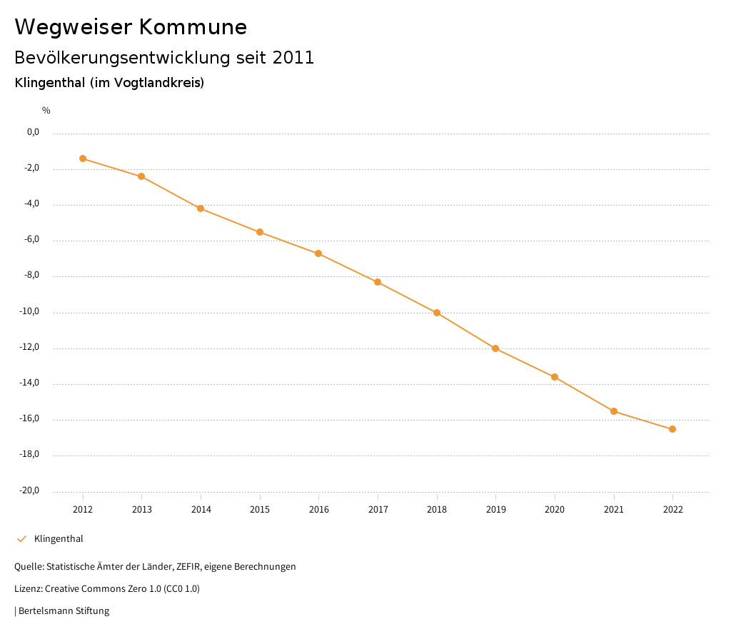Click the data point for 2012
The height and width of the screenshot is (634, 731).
83,158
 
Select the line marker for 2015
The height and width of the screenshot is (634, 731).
260,232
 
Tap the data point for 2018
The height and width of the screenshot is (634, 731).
437,313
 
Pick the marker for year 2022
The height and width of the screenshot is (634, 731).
672,429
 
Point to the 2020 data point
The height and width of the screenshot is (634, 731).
555,377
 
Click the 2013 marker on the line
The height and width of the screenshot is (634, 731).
141,176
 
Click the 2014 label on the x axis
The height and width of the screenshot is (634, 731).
201,510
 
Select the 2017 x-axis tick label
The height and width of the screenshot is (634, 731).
378,510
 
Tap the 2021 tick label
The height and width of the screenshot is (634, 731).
614,510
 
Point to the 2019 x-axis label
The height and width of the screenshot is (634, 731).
496,510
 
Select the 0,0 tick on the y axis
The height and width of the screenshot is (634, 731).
33,133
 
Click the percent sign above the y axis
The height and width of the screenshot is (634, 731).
46,111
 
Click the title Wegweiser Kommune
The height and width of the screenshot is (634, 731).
131,27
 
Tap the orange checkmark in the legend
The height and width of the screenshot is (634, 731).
21,539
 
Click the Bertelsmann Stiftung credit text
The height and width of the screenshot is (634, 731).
64,611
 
